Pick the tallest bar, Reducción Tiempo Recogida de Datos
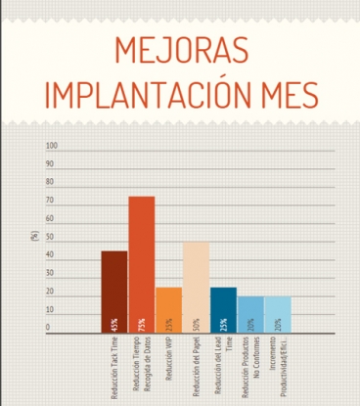(x=142, y=264)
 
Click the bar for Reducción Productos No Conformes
(x=250, y=314)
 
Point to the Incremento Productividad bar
(x=278, y=314)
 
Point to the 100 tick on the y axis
(x=53, y=146)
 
